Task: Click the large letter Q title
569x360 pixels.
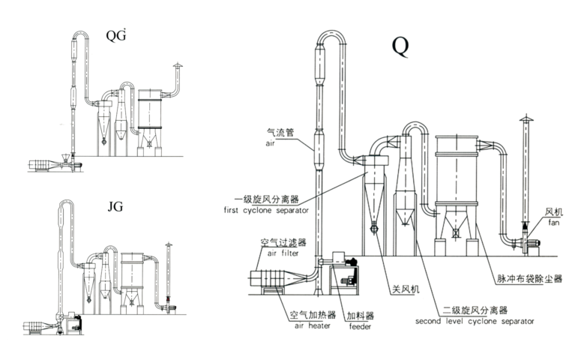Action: click(x=400, y=46)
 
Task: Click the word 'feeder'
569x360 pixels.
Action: click(x=359, y=326)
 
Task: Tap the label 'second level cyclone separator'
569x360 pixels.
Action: click(x=475, y=320)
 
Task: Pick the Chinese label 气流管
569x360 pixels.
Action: click(x=280, y=131)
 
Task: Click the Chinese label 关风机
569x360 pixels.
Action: click(x=404, y=287)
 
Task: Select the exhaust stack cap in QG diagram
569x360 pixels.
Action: click(x=178, y=67)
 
